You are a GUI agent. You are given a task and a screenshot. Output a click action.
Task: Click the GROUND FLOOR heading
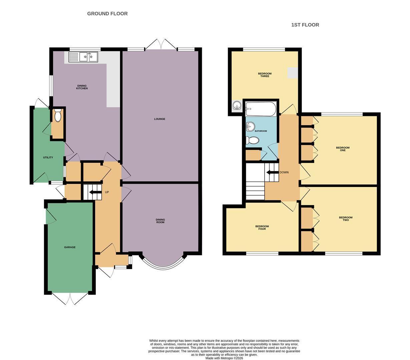coord(107,14)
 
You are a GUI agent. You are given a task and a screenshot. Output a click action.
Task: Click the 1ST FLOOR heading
coord(305,25)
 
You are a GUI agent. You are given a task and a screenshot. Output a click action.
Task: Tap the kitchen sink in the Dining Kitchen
coord(83,57)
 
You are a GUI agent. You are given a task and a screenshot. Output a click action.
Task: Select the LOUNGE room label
coord(159,119)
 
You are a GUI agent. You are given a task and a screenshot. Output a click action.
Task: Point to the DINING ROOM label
coord(160,221)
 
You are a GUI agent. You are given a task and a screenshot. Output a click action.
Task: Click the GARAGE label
coord(70,247)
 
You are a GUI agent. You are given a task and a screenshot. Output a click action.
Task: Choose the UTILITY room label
coord(48,157)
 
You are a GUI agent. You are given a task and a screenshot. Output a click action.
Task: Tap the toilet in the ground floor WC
coord(58,115)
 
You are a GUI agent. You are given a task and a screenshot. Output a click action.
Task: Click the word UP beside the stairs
coord(107,192)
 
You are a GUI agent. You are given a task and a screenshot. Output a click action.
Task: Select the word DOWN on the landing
coord(284,172)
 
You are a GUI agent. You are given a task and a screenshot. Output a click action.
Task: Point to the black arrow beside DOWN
coord(273,173)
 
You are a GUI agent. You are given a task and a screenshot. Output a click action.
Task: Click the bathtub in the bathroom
coord(261,109)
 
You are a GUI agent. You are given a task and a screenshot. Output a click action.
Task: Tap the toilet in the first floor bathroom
coord(252,140)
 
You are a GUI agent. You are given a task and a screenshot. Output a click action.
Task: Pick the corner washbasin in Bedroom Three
coord(236,105)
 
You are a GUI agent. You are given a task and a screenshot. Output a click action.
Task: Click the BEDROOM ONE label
coord(343,149)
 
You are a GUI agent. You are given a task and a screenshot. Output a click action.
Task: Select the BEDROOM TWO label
coord(346,219)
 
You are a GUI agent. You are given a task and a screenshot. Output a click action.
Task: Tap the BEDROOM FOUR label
coord(262,228)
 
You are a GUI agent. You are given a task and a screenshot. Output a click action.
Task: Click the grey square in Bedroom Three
coord(293,73)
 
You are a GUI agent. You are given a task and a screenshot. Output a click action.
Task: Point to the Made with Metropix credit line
coord(224,358)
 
